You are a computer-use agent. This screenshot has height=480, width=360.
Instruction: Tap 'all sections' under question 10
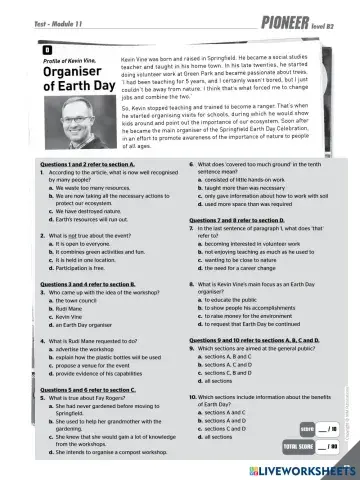(219, 437)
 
